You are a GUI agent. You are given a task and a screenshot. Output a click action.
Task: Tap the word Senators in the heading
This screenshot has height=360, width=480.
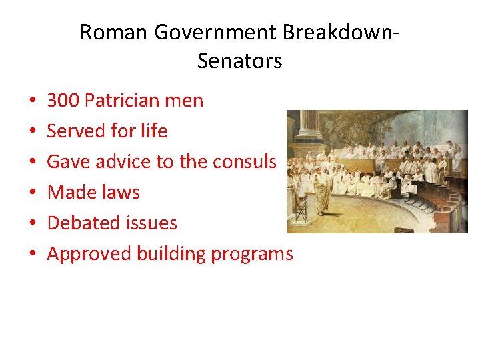tap(240, 61)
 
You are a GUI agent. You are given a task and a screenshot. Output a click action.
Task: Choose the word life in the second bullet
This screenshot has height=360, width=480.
tap(154, 131)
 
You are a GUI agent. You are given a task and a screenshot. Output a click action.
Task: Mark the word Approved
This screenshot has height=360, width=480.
tap(89, 253)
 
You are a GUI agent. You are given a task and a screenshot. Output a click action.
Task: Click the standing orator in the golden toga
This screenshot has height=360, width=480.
tap(323, 189)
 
